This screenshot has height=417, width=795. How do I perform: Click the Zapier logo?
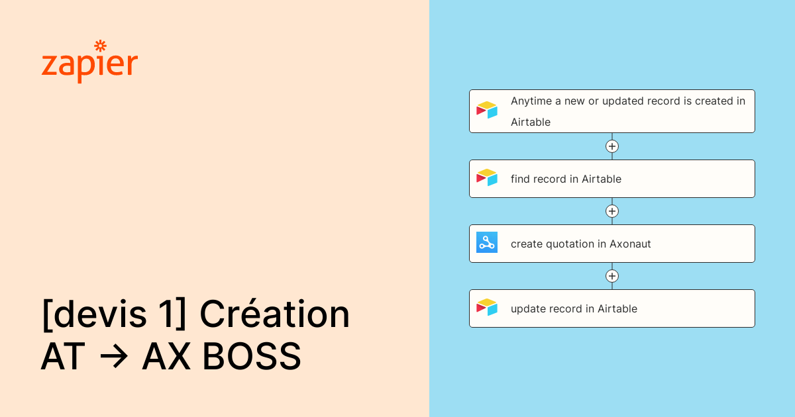[x=89, y=62]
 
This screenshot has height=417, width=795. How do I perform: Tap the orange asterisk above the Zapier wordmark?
[x=101, y=46]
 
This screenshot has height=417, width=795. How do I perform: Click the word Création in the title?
[x=275, y=314]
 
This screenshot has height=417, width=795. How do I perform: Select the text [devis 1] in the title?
[x=114, y=314]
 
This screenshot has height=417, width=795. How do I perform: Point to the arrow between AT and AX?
[x=113, y=355]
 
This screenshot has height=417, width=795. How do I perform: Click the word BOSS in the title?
[x=252, y=356]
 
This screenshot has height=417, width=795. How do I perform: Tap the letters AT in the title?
[x=63, y=356]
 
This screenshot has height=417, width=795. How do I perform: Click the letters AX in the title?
[x=166, y=356]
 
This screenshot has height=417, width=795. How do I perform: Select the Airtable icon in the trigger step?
[x=486, y=110]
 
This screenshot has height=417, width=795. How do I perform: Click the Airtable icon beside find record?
[x=486, y=177]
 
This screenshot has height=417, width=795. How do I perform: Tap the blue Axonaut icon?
[x=486, y=242]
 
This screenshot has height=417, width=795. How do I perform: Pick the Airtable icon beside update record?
[x=486, y=307]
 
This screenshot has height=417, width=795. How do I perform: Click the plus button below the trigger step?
[x=612, y=146]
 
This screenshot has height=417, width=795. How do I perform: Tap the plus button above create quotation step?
[x=612, y=211]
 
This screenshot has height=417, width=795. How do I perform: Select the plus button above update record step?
[x=612, y=276]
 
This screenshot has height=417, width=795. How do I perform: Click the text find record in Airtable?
[x=566, y=179]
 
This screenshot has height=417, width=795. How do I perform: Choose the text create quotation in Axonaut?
[x=580, y=244]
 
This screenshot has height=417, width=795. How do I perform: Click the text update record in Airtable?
[x=574, y=309]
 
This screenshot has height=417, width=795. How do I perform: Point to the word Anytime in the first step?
[x=531, y=101]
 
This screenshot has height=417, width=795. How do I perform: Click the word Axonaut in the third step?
[x=630, y=244]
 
